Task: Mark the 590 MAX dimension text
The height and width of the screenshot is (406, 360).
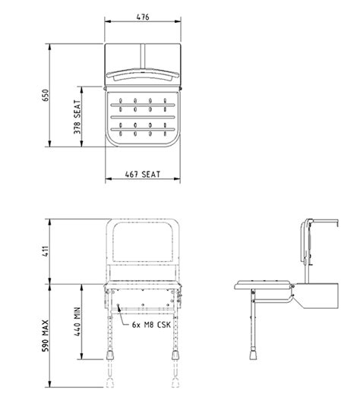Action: coord(46,341)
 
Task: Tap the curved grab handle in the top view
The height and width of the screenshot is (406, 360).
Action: coord(142,75)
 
